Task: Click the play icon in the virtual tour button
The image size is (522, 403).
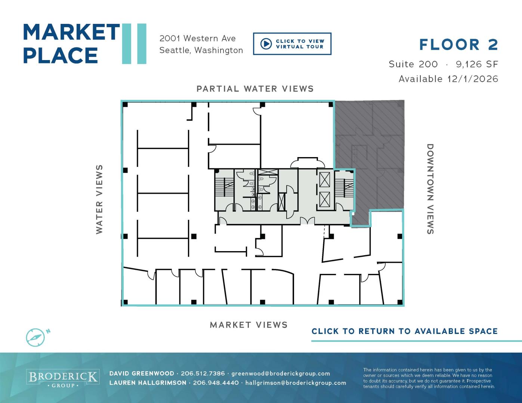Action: tap(266, 44)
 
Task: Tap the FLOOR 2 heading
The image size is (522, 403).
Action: tap(458, 45)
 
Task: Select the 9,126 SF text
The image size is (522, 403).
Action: tap(477, 64)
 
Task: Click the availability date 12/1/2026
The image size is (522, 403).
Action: tap(473, 79)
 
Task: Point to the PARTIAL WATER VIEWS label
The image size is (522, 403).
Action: tap(255, 89)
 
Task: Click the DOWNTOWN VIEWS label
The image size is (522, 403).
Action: tap(430, 189)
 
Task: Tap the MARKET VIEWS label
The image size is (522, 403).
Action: tap(248, 325)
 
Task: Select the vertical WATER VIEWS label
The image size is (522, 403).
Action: tap(99, 199)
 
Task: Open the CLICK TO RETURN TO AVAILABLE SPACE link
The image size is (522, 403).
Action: tap(405, 331)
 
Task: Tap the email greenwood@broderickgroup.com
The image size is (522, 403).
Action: tap(281, 374)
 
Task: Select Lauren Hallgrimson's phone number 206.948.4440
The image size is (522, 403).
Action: tap(216, 382)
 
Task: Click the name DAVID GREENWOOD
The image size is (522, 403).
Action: tap(142, 374)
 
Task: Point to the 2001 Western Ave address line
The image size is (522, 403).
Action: tap(197, 38)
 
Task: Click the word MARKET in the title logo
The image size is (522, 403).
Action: tap(71, 32)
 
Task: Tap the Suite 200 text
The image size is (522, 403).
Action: tap(413, 64)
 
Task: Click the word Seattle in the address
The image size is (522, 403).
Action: tap(175, 50)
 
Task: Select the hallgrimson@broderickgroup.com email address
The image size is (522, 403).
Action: tap(296, 383)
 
